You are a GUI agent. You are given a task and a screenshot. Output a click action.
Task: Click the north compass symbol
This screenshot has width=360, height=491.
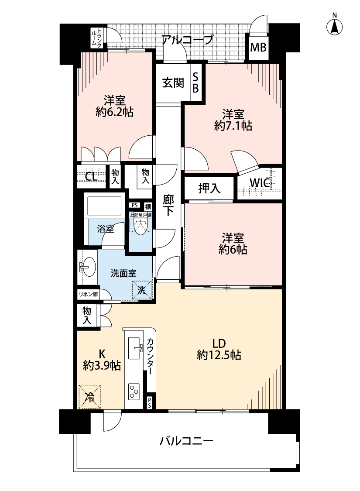coord(334,24)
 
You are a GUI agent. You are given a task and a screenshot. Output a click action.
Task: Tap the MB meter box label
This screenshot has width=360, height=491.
coord(258,47)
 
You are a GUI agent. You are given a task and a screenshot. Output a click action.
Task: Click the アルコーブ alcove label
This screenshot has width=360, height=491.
coord(187,40)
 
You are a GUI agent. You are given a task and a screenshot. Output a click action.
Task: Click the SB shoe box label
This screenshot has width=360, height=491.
coord(195,82)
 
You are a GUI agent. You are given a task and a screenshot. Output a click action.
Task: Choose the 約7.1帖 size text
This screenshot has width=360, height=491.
coord(233,126)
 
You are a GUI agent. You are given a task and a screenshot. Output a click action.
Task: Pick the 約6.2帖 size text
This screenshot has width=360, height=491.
coord(114,112)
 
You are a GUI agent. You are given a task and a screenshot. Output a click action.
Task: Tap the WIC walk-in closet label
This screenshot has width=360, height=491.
coord(260,183)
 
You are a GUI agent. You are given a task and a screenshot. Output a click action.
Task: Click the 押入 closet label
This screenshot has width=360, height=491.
coord(209,188)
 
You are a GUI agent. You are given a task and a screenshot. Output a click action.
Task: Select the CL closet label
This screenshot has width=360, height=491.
coord(91,177)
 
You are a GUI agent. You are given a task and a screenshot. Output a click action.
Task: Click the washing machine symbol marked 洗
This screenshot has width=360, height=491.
coord(141,290)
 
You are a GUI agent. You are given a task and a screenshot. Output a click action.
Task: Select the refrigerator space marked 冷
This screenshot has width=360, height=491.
coord(89,397)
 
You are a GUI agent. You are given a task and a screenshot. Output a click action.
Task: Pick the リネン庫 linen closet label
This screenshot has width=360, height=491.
coord(88,294)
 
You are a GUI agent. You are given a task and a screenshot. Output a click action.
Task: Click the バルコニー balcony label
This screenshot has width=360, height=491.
coord(187,441)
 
